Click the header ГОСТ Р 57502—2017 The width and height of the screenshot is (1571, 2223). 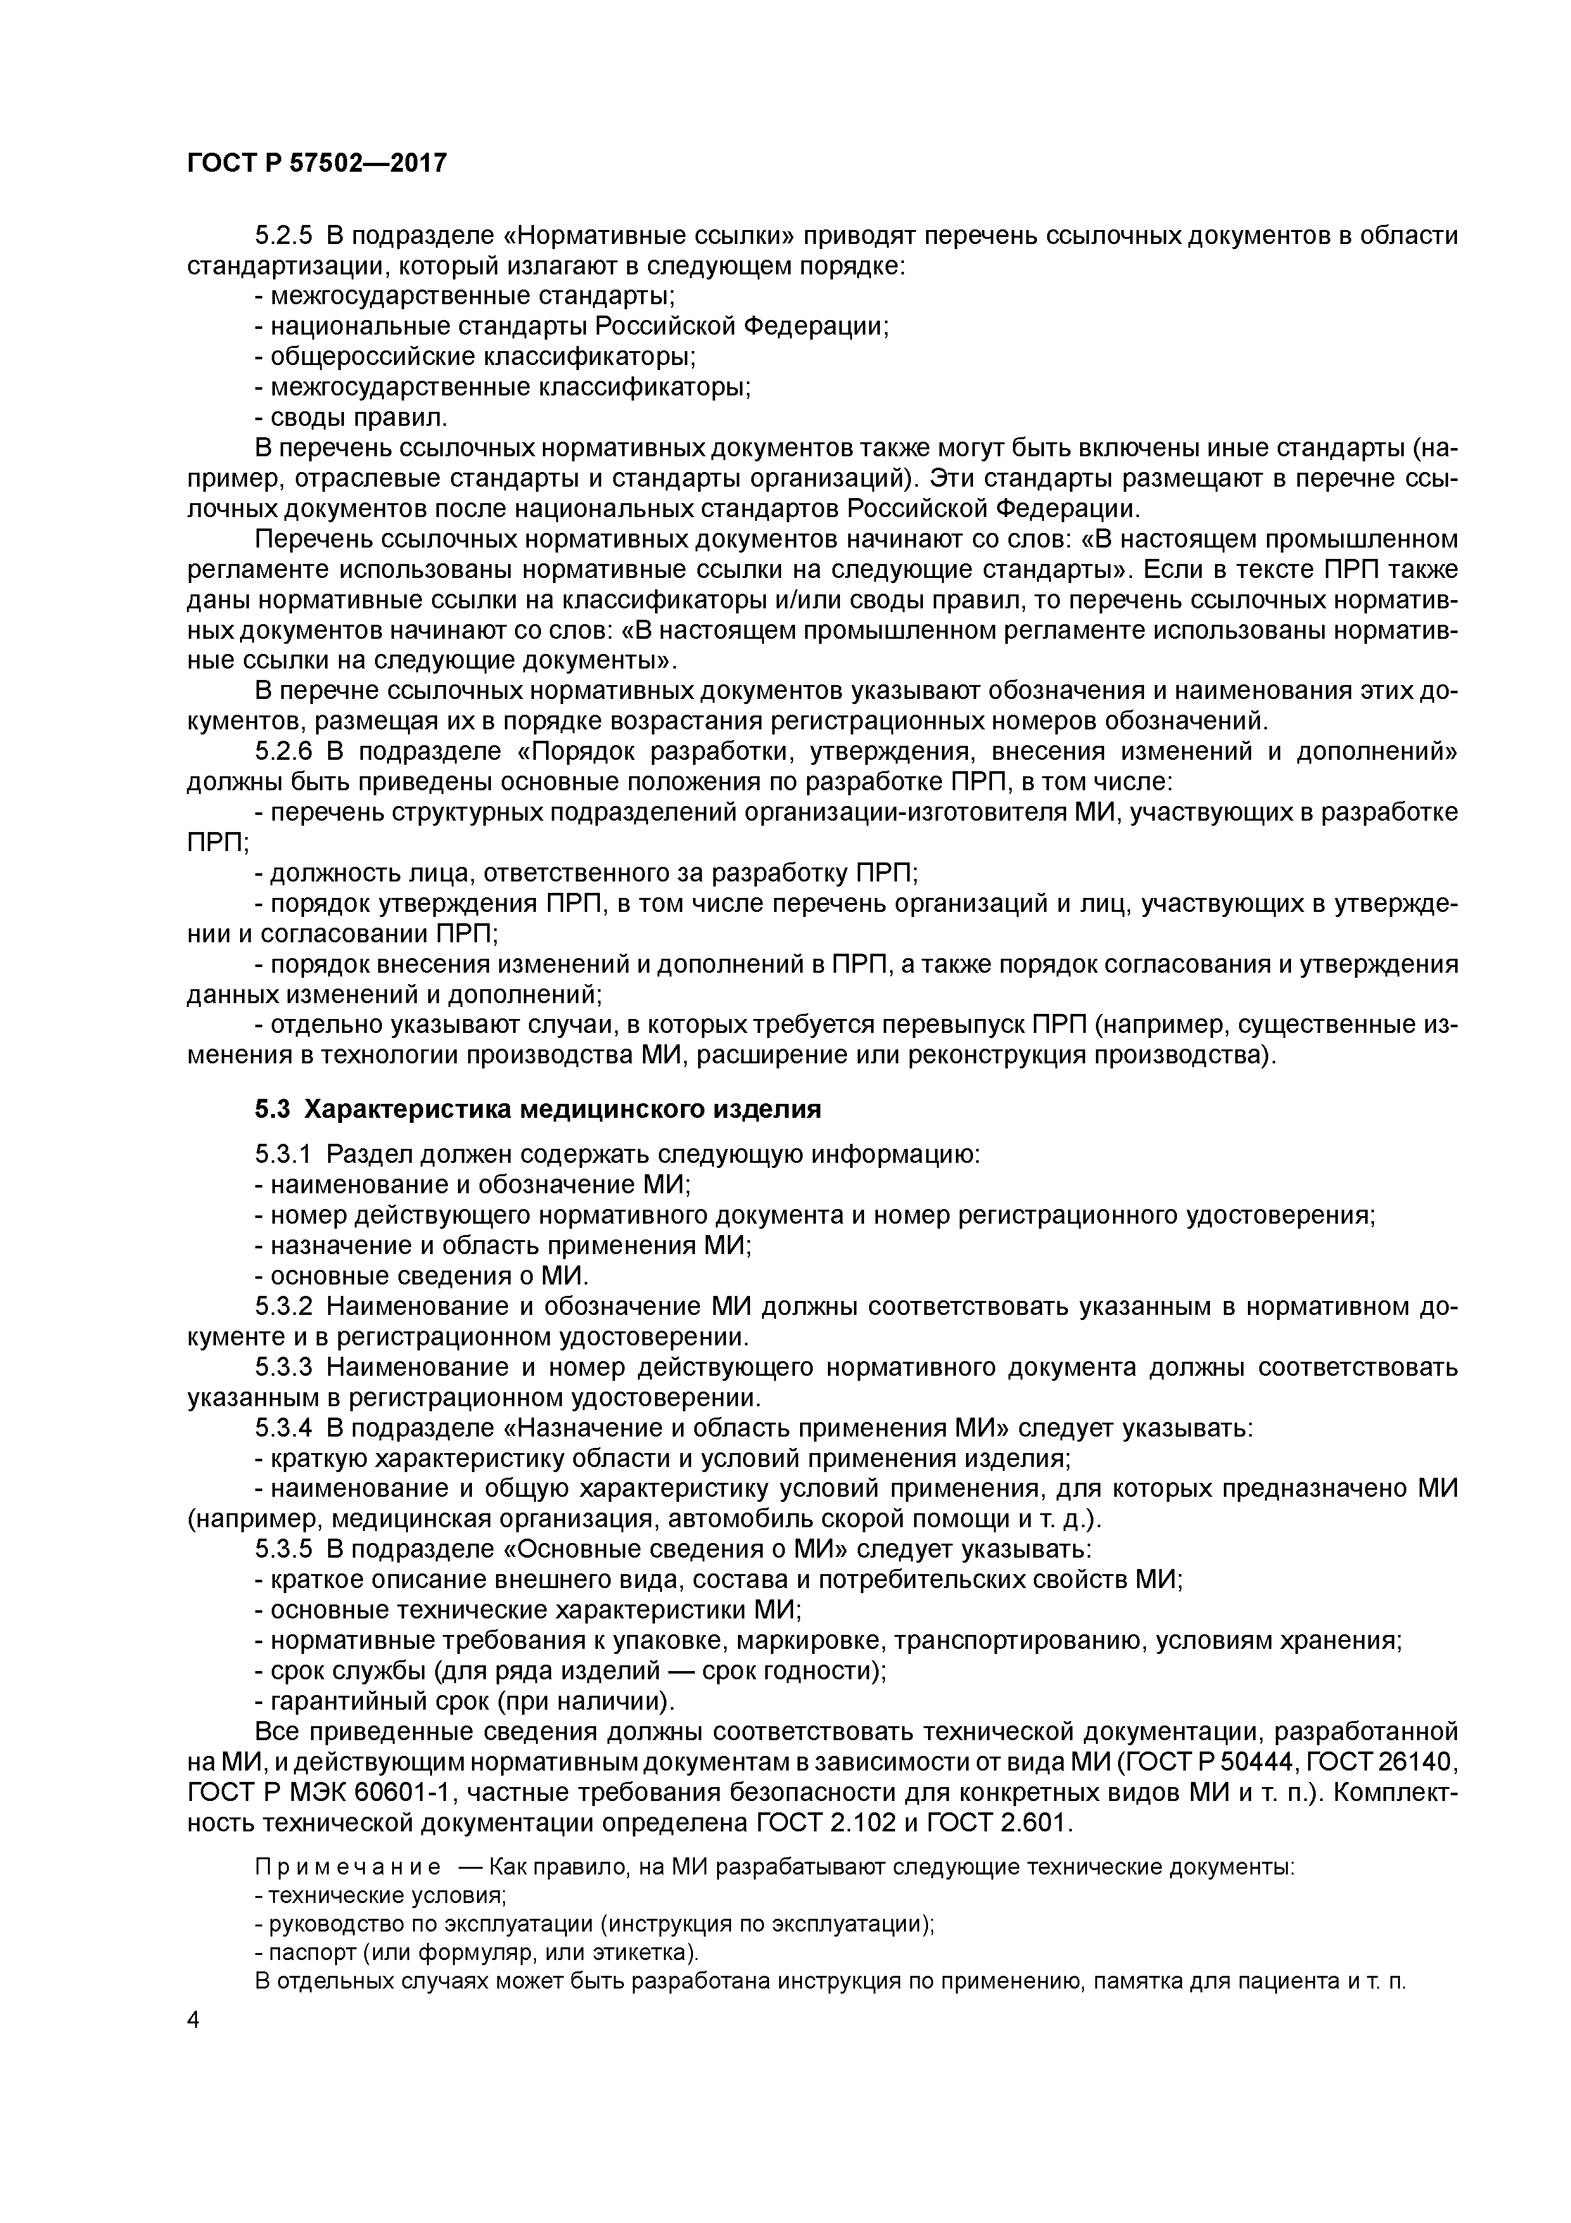pos(317,163)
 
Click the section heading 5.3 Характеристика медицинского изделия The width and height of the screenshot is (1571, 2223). pos(538,1110)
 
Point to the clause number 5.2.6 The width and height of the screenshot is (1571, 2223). pos(284,752)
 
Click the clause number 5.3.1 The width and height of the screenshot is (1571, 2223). pos(284,1155)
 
